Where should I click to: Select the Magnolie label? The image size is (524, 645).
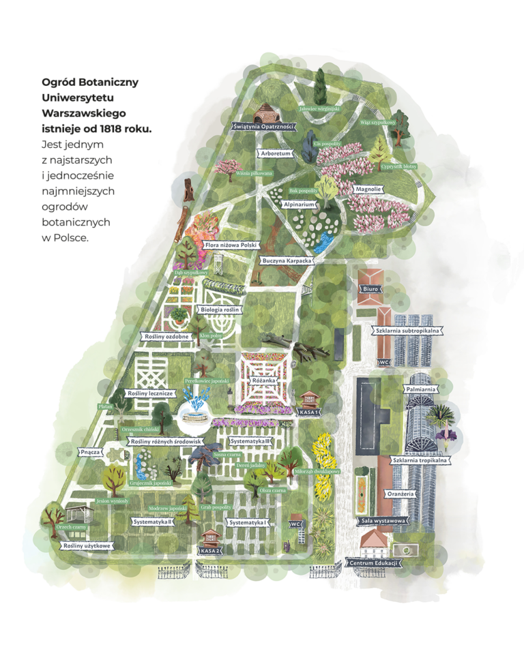click(368, 189)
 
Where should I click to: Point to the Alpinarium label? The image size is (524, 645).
click(299, 204)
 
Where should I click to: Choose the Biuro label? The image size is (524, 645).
click(371, 289)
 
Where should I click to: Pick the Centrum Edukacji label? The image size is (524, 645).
click(373, 563)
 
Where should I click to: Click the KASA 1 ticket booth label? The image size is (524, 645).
click(310, 412)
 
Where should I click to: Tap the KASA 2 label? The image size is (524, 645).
click(210, 550)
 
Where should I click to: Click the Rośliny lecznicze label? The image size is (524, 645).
click(153, 393)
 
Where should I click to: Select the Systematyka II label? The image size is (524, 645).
click(151, 522)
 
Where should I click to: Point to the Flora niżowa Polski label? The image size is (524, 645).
click(230, 244)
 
